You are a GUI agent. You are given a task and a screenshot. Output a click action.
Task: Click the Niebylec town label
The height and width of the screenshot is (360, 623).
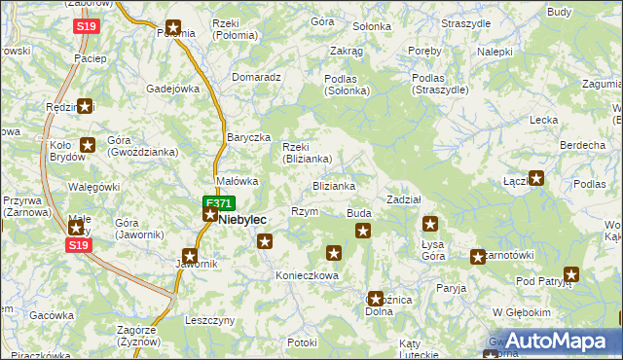[x=242, y=220]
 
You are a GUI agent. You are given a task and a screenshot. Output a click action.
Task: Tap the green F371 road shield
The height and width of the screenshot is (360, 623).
[x=218, y=203]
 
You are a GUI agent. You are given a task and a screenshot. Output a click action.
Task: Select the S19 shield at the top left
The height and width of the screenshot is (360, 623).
[x=86, y=27]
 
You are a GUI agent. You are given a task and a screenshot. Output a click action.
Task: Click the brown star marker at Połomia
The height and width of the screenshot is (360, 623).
[x=172, y=28]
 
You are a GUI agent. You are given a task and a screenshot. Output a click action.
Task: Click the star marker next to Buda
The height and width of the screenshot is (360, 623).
[x=363, y=231]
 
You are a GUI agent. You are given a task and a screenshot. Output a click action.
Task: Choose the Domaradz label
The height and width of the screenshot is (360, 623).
[x=257, y=76]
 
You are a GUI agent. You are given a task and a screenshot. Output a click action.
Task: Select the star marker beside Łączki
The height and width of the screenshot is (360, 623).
[x=535, y=179]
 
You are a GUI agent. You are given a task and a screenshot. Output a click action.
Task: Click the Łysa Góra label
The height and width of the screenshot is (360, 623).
[x=433, y=249]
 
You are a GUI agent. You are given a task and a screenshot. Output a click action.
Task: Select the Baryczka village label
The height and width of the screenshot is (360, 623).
[x=248, y=137]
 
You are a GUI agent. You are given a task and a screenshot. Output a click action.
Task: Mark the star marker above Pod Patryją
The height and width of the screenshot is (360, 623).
[x=571, y=275]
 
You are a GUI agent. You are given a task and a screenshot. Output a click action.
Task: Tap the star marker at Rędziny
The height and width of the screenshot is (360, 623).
[x=86, y=107]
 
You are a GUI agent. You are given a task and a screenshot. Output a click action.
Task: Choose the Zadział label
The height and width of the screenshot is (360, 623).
[x=403, y=198]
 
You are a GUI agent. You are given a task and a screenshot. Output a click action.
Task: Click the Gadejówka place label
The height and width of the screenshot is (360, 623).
[x=173, y=88]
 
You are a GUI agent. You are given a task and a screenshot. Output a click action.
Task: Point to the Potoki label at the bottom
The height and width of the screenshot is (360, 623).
[x=303, y=342]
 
